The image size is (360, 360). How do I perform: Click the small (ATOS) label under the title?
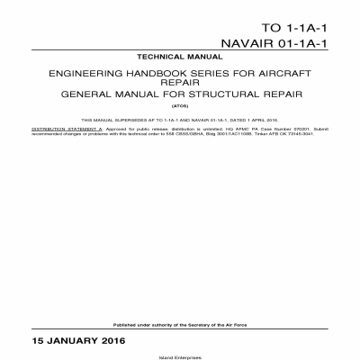(180, 105)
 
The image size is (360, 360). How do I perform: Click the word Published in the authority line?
(124, 324)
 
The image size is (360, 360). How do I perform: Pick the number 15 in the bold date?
(39, 342)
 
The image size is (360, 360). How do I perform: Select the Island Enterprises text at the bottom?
(180, 355)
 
